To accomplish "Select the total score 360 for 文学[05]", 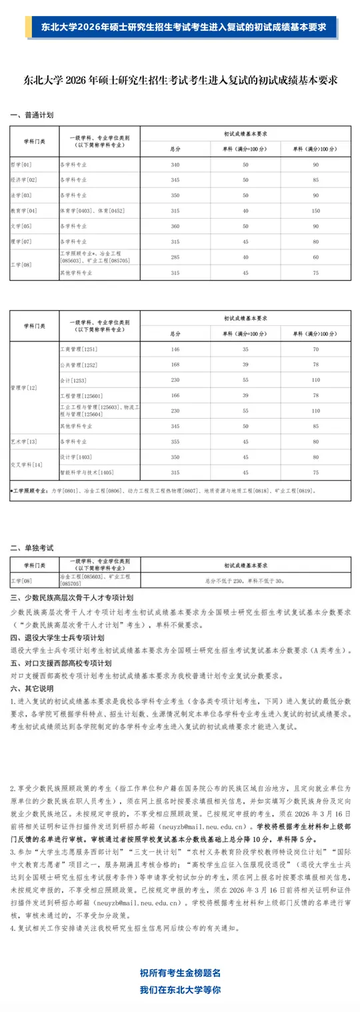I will (175, 227).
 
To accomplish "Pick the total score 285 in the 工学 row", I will (175, 257).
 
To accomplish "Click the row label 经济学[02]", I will (23, 180).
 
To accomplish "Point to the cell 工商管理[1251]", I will (79, 349).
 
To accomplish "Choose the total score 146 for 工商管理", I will (175, 349).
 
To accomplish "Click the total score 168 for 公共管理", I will (175, 364).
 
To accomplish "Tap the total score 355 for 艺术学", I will (175, 441).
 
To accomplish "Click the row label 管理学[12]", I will (24, 387).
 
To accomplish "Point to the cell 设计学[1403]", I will (75, 457).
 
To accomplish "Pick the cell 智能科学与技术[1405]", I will (87, 473).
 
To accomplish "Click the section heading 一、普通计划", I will (31, 115).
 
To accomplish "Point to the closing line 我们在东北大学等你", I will (180, 990).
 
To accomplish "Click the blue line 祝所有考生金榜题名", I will (180, 973).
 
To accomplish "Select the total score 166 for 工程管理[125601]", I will (175, 395).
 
